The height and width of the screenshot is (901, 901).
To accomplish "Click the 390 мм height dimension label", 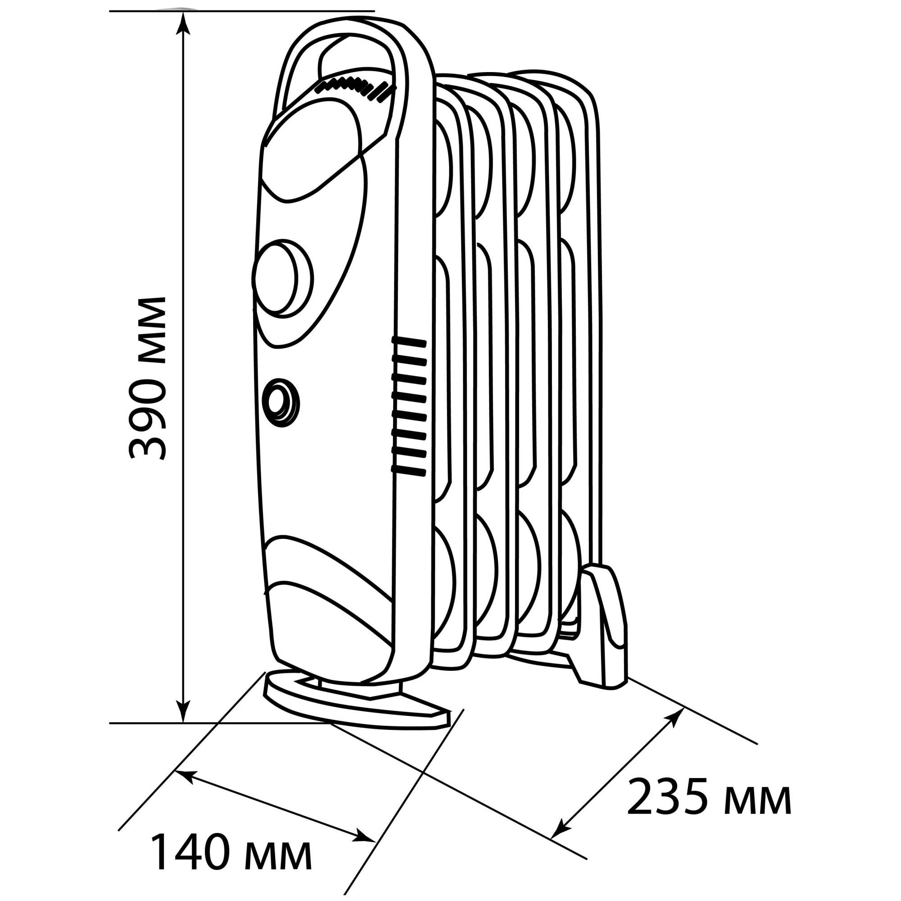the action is coord(147,378).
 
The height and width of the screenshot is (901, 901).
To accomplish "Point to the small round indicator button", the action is coord(280,402).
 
